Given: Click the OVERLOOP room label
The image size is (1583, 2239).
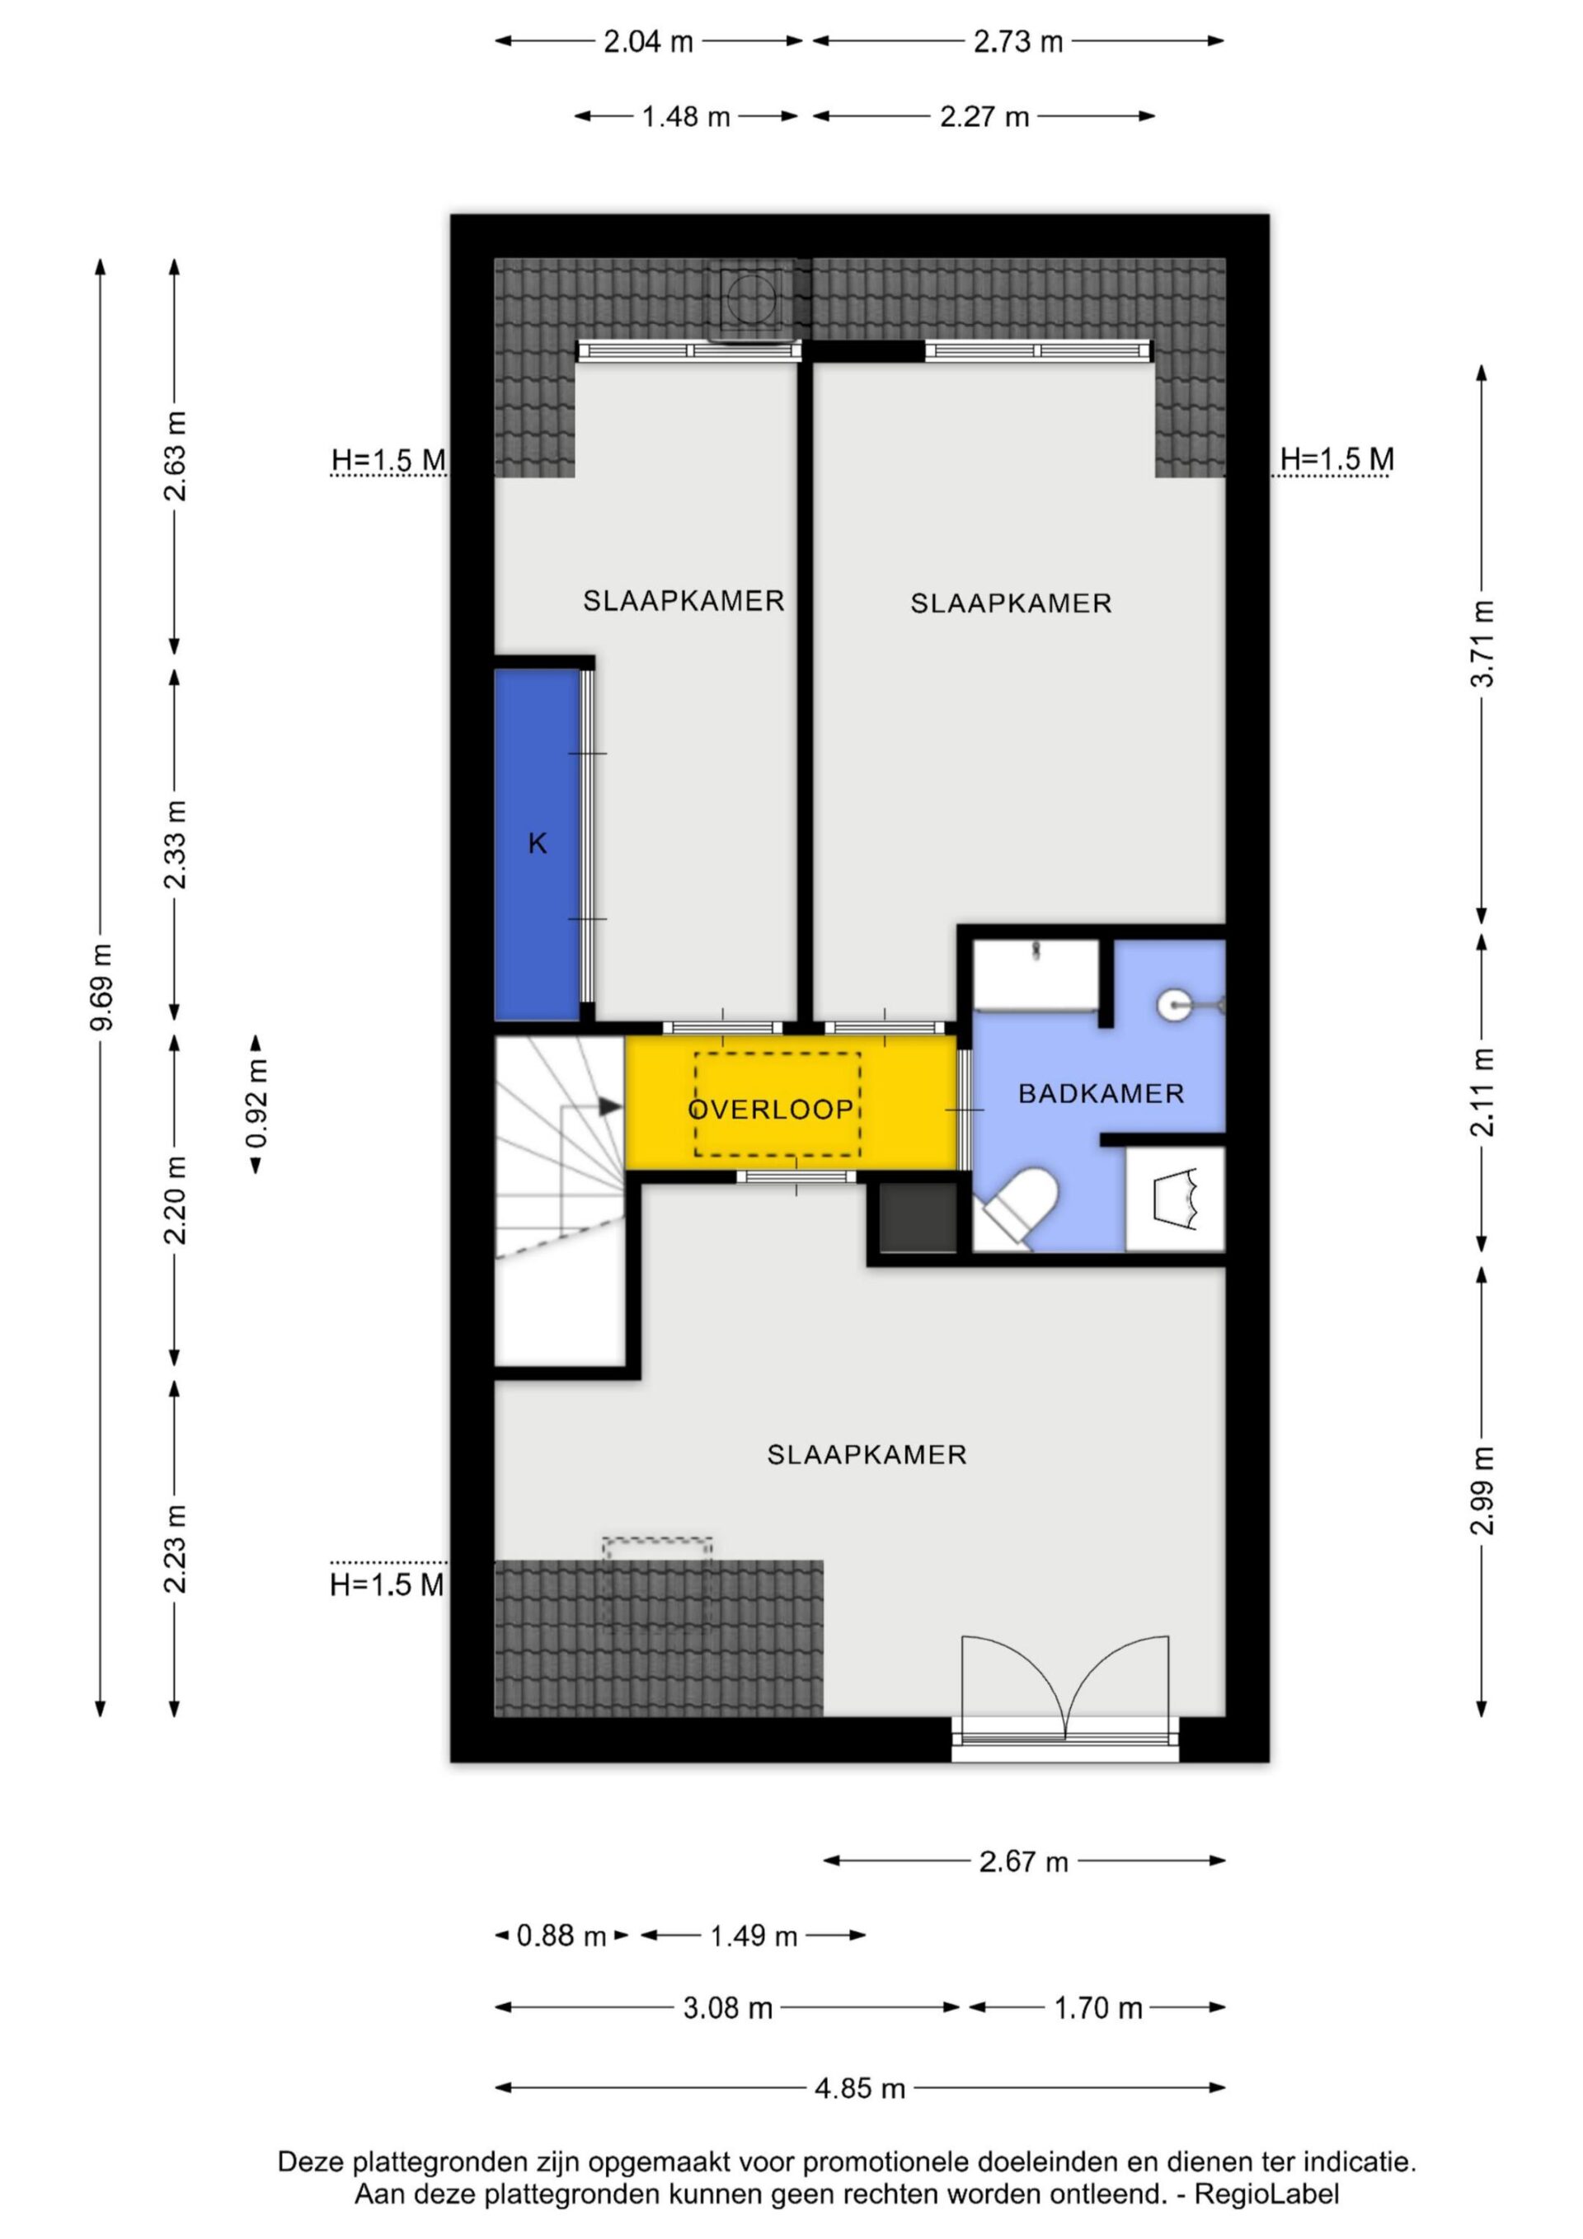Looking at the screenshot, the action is click(771, 1109).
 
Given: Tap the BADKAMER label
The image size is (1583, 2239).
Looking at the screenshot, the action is click(1102, 1093).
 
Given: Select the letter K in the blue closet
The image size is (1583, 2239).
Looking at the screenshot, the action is click(538, 843).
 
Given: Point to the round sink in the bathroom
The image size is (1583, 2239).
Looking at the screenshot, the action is click(1176, 1004).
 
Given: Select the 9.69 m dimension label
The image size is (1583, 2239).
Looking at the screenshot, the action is click(101, 987).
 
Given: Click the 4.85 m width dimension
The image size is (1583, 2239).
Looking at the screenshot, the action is click(859, 2088).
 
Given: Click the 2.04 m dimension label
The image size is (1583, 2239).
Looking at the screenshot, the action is click(649, 42).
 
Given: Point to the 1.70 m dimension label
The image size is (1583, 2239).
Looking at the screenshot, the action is click(1098, 2008).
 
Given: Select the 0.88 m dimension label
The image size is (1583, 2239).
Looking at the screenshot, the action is click(561, 1936).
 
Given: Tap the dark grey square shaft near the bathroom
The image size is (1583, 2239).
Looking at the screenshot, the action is click(918, 1217).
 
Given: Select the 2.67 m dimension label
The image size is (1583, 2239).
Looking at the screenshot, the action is click(1024, 1861).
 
